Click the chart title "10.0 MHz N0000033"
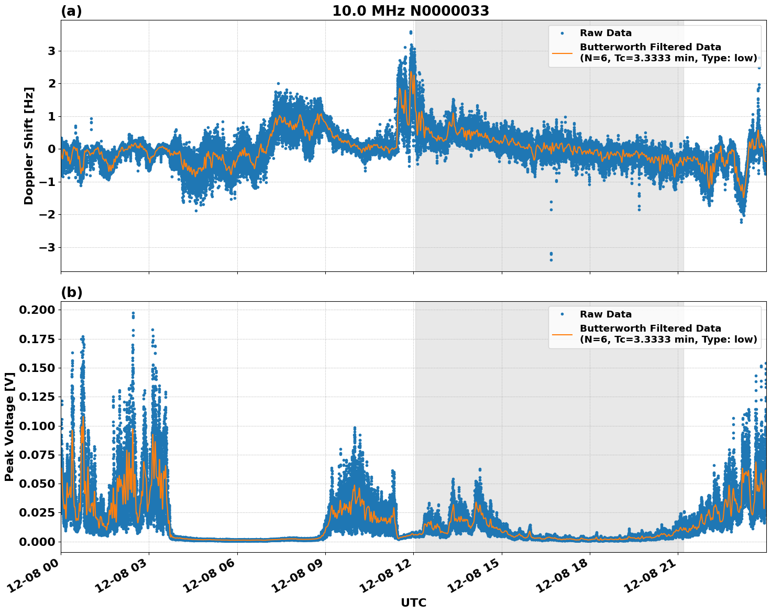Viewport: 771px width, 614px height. click(x=410, y=11)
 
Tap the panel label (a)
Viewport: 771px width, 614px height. click(x=71, y=11)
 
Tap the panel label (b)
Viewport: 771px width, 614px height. click(x=71, y=292)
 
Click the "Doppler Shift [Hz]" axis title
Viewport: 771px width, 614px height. click(x=29, y=146)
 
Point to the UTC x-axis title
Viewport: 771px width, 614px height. click(x=413, y=602)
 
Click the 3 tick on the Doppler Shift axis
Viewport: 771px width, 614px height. click(x=51, y=51)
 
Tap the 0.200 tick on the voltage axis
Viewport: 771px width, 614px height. click(x=37, y=310)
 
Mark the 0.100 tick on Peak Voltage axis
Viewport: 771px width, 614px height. click(x=37, y=426)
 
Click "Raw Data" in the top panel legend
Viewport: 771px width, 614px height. click(x=605, y=33)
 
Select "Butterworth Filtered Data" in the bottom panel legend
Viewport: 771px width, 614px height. click(x=650, y=328)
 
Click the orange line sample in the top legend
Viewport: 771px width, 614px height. click(x=562, y=52)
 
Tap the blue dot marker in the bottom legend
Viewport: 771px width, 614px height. click(x=562, y=314)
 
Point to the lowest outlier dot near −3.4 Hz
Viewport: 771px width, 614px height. click(x=551, y=260)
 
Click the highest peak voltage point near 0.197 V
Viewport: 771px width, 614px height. click(x=133, y=313)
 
